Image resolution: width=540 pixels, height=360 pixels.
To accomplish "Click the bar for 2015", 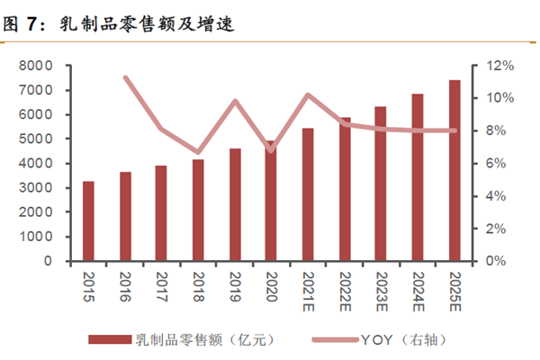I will point(88,221).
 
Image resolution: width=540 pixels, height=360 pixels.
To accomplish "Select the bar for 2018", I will point(198,211).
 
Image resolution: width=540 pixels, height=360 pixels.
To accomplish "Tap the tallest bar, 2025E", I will point(454,171).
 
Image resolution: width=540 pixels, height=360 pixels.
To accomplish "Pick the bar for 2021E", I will point(308,194).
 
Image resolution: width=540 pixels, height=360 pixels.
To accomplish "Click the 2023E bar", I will point(381,184).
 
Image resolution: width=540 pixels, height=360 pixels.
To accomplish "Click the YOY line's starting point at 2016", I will point(125,77).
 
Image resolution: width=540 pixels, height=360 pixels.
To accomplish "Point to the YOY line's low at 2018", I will point(198,153).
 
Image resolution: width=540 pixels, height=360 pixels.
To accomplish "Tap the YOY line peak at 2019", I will point(234,101).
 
